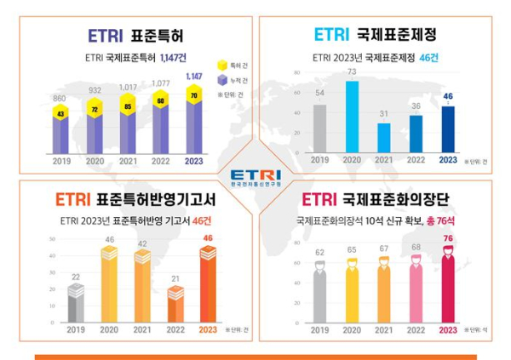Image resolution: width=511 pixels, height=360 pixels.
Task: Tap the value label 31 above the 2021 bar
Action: click(x=382, y=113)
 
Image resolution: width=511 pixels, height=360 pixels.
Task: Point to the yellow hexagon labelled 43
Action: click(x=60, y=114)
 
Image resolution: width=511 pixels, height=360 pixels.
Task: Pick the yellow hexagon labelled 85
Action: click(x=127, y=107)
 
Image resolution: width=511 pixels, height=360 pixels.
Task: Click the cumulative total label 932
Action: click(x=94, y=89)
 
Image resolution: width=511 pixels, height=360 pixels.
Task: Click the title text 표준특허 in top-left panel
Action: click(x=158, y=36)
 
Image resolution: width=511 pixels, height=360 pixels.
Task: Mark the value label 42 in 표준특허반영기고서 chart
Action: click(x=143, y=243)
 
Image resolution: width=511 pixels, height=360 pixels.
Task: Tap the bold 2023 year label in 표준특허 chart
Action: click(x=194, y=160)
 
